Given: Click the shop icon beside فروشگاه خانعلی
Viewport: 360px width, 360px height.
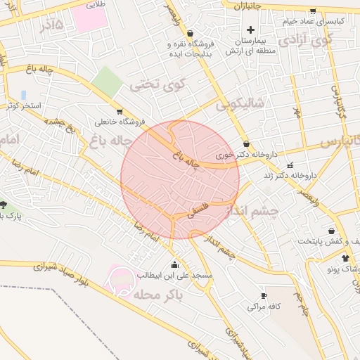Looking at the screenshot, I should click(120, 111).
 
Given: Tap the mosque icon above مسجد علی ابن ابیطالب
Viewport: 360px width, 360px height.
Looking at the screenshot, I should click(174, 264).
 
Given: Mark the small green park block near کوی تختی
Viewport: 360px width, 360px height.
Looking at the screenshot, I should click(107, 82).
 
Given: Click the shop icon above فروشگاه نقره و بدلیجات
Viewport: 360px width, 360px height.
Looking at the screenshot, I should click(190, 33).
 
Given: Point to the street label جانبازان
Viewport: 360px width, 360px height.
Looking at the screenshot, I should click(247, 6).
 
